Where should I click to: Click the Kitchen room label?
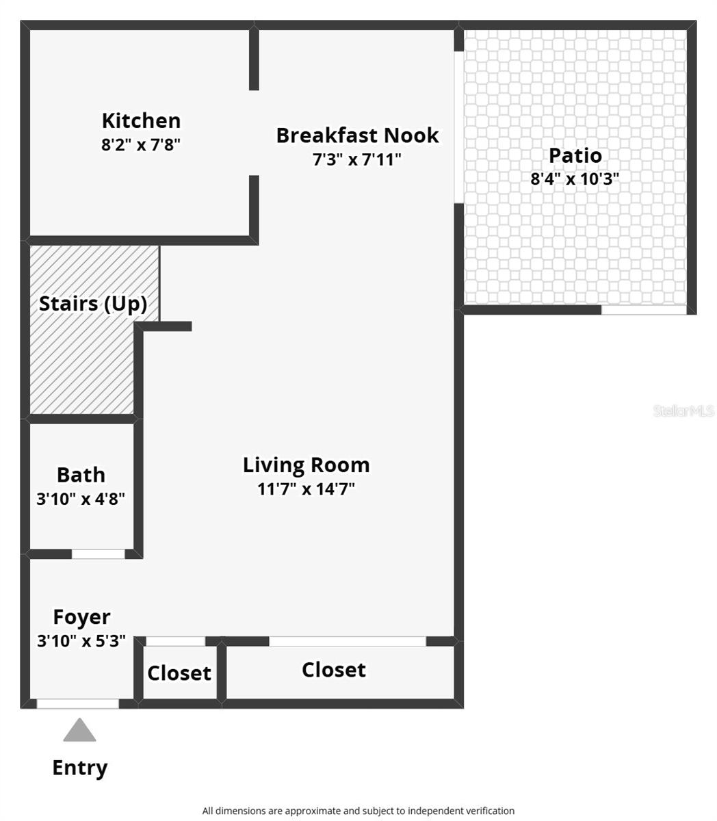pyautogui.click(x=141, y=120)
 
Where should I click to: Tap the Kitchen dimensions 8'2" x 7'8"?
pyautogui.click(x=141, y=144)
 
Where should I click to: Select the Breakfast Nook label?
pyautogui.click(x=357, y=135)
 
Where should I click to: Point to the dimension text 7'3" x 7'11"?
pyautogui.click(x=357, y=159)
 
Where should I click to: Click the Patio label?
pyautogui.click(x=575, y=155)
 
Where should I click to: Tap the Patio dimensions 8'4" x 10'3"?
pyautogui.click(x=575, y=179)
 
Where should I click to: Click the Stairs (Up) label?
pyautogui.click(x=93, y=304)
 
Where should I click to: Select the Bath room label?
pyautogui.click(x=81, y=475)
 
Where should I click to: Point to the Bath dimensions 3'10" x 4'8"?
pyautogui.click(x=81, y=499)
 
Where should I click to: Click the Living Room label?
pyautogui.click(x=306, y=465)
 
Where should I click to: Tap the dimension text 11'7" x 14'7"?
pyautogui.click(x=306, y=488)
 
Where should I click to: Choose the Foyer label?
pyautogui.click(x=81, y=617)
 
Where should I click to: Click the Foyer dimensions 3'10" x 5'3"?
pyautogui.click(x=81, y=641)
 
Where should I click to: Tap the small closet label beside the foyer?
pyautogui.click(x=179, y=673)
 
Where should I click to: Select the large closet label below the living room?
pyautogui.click(x=334, y=670)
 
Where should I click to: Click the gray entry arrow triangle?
pyautogui.click(x=80, y=731)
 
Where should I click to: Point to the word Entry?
pyautogui.click(x=80, y=768)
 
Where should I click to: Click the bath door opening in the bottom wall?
pyautogui.click(x=99, y=554)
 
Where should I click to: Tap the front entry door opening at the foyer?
pyautogui.click(x=77, y=703)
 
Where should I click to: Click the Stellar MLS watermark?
pyautogui.click(x=683, y=410)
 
